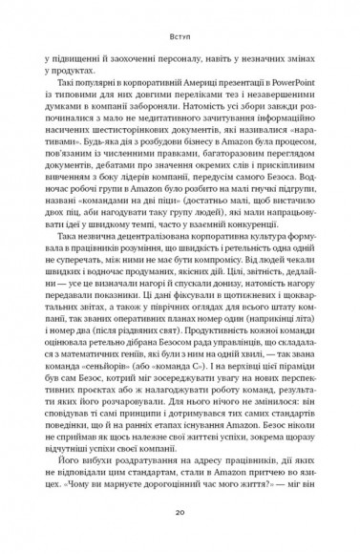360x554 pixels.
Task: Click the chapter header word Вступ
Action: click(180, 38)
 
